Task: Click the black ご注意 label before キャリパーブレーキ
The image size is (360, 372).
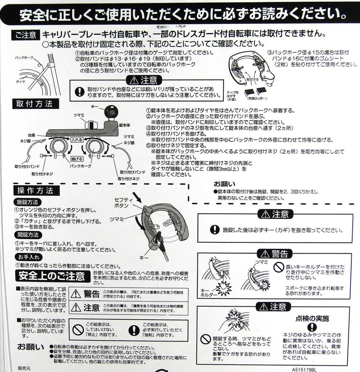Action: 26,35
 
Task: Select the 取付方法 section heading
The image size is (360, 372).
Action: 34,104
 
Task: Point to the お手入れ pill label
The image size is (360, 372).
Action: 26,257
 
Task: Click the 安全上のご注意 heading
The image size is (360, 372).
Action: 51,276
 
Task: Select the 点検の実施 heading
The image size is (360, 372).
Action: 312,319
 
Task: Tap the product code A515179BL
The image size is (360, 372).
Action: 304,368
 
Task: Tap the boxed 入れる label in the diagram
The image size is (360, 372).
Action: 77,139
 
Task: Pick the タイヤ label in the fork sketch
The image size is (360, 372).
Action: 20,82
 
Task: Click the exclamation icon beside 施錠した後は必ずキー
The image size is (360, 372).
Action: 215,230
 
